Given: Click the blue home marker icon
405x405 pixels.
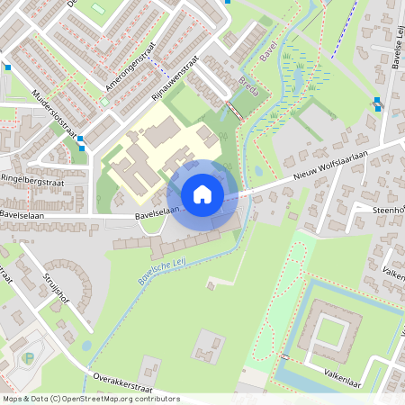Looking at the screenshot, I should coord(202,193).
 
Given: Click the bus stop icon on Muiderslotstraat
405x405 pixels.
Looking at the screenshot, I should coord(82,141).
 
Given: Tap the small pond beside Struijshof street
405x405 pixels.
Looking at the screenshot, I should coord(86,345).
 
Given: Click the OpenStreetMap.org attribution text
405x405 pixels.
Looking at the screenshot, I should coord(117,399).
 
